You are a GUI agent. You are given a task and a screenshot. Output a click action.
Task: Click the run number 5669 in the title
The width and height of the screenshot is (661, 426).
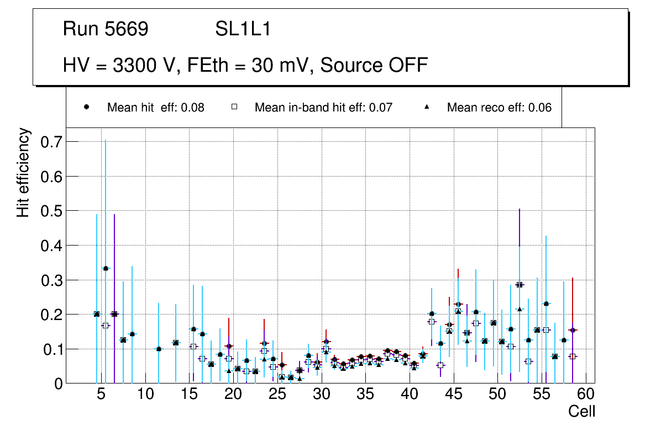coord(127,29)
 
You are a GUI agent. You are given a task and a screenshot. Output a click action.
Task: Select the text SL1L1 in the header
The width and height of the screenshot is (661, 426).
coord(243,29)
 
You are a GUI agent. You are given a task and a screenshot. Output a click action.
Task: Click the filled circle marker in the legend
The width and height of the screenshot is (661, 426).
coord(87,107)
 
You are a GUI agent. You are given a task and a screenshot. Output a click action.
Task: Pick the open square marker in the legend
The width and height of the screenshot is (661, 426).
coord(234,107)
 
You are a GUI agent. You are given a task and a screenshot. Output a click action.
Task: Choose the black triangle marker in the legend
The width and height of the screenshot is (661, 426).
coord(427,107)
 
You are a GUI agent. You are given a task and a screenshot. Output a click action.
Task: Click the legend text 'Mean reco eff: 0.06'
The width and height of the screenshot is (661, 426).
coord(499,108)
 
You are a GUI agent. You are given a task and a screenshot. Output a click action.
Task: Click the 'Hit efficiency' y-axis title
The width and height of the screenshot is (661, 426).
coord(23,172)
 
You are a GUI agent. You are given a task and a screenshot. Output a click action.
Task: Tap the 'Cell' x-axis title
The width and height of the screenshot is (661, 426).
coord(581,411)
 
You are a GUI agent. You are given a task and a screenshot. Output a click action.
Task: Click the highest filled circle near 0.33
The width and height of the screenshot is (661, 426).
coord(106,269)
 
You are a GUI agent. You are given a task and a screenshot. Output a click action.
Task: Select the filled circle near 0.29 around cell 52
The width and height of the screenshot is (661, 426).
coord(520,285)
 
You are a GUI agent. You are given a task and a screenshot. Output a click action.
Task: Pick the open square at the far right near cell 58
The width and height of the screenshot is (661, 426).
coord(573,356)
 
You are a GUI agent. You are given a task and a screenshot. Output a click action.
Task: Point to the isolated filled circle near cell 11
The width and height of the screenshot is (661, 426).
coord(159,349)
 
